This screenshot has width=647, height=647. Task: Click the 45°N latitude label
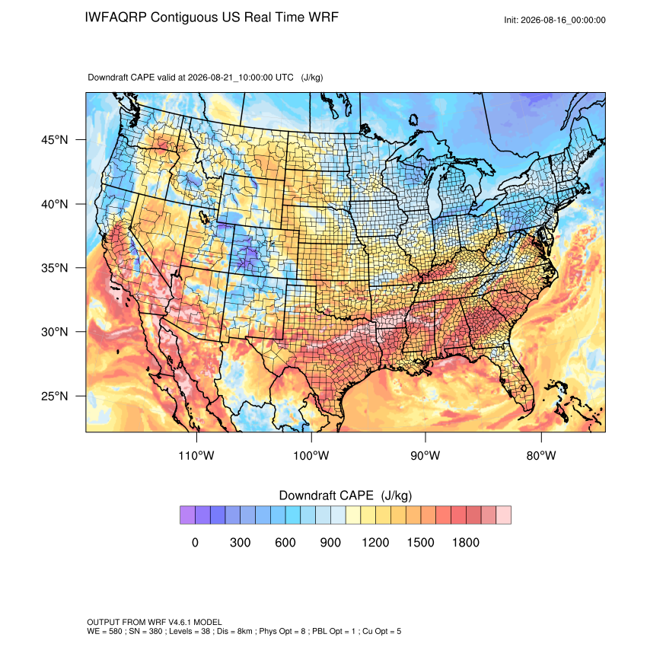[55, 140]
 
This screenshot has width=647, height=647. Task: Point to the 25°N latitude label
[55, 396]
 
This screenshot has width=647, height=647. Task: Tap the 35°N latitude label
[55, 268]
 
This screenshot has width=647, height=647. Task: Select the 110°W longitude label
[196, 455]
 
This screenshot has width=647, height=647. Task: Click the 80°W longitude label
[541, 455]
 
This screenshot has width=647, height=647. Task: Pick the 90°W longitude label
[425, 455]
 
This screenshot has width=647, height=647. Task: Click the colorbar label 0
[195, 542]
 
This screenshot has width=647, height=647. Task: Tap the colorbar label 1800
[465, 542]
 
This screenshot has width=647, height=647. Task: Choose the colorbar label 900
[330, 542]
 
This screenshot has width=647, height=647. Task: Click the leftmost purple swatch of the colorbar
[187, 515]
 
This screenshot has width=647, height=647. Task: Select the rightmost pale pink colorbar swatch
[503, 515]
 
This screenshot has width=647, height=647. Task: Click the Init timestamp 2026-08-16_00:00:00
[563, 21]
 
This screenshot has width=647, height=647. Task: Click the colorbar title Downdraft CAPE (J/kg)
[346, 496]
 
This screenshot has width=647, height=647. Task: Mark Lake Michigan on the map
[435, 194]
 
